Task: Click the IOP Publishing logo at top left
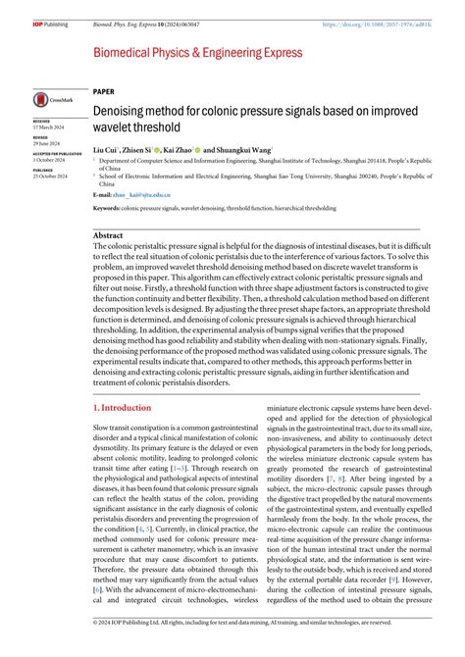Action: (x=47, y=24)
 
